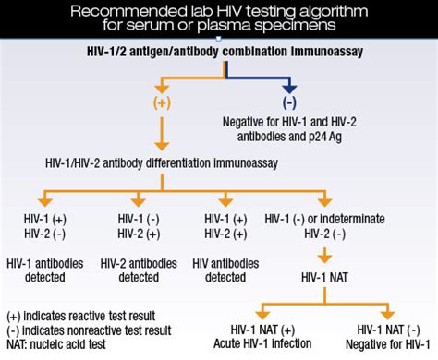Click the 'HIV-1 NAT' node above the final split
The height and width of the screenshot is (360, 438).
(324, 275)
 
